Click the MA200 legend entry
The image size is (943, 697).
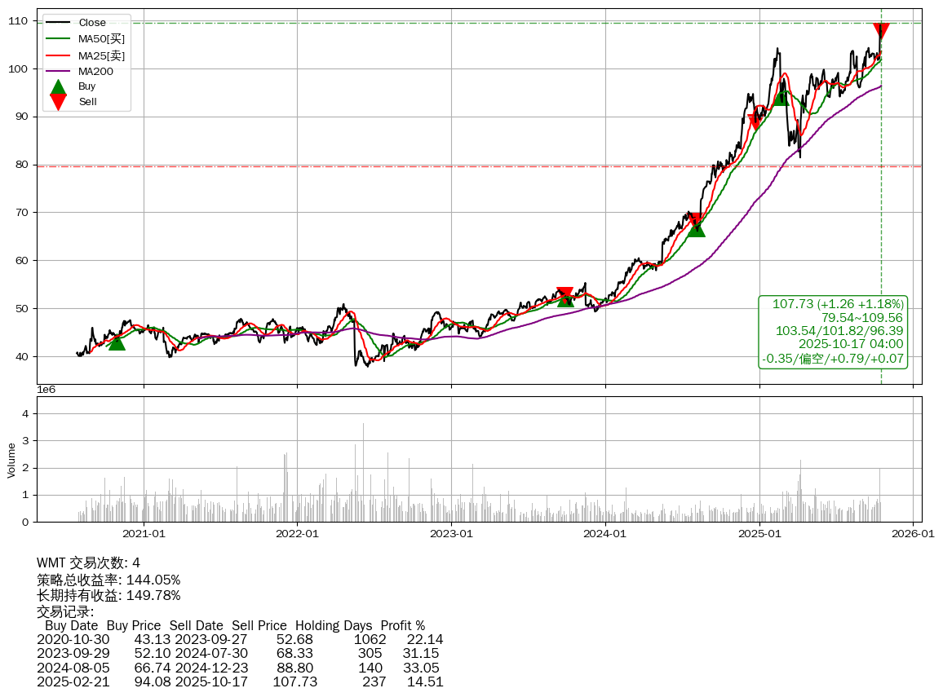pos(95,71)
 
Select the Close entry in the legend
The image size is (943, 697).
pos(92,23)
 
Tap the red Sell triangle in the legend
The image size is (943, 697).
pos(58,101)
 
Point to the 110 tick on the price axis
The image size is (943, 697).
pos(19,20)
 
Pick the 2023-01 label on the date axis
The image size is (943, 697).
pos(451,534)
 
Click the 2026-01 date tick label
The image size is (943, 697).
pos(913,534)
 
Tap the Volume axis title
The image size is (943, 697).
pos(11,460)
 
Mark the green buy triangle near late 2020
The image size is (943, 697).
pos(117,342)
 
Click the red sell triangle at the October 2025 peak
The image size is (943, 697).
pos(881,31)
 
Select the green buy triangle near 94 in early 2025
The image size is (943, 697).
pos(781,96)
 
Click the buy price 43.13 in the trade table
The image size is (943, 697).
pos(153,638)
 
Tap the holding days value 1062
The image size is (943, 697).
pos(370,638)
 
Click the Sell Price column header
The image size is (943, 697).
pos(259,625)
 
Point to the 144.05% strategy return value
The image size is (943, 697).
pos(153,580)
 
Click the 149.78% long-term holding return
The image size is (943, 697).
pos(153,595)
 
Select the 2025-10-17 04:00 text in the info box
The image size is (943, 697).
pos(851,344)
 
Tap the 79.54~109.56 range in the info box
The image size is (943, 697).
pos(862,317)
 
